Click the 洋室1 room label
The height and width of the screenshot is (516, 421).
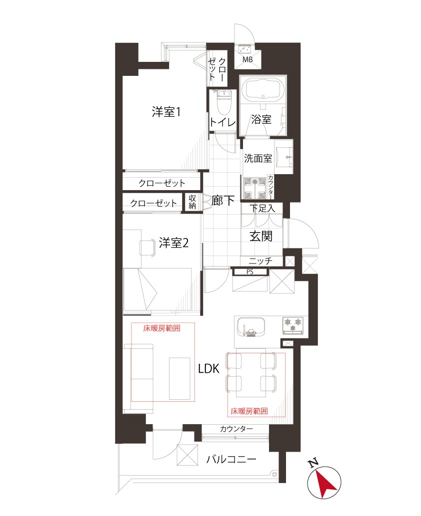[166, 112]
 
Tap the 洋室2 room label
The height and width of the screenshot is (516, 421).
[173, 243]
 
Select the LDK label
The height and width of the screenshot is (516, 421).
[208, 369]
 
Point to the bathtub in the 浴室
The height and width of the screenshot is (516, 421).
[263, 89]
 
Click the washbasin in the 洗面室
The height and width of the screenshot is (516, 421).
[284, 157]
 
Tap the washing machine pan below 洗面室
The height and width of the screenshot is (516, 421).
[254, 188]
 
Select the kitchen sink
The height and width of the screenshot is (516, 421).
[250, 327]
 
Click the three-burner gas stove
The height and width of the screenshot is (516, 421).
[293, 325]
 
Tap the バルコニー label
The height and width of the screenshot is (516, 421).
[231, 460]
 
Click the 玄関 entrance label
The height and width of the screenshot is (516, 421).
[261, 236]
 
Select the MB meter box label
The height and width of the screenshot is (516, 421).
[247, 59]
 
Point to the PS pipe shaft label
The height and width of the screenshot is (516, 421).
[250, 272]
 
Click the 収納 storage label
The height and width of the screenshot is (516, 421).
[192, 202]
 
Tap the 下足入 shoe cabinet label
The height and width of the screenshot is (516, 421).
[262, 208]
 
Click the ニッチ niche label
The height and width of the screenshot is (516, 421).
[260, 261]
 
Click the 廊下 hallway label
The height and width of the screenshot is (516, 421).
[223, 201]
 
